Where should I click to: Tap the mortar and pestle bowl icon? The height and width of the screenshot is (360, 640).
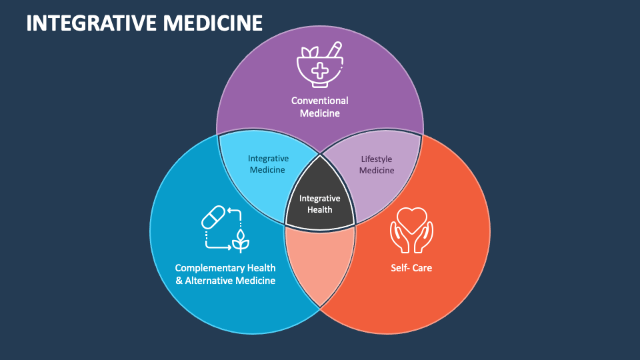319,65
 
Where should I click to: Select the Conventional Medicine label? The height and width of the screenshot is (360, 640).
319,107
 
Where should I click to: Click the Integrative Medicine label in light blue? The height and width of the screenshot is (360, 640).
267,164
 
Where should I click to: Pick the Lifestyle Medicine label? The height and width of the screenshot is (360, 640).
377,165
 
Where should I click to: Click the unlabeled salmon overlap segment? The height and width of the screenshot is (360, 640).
319,263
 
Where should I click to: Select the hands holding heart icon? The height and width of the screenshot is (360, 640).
411,230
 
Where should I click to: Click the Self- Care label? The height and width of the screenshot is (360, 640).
411,268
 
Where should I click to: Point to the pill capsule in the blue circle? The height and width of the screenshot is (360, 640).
213,217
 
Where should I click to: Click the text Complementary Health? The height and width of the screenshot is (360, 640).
225,267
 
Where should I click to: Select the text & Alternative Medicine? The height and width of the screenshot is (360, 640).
225,281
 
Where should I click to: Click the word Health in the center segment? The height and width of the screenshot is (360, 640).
319,209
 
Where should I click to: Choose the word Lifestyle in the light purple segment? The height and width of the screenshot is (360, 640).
377,159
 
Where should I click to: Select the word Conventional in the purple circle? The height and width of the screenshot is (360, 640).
319,101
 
